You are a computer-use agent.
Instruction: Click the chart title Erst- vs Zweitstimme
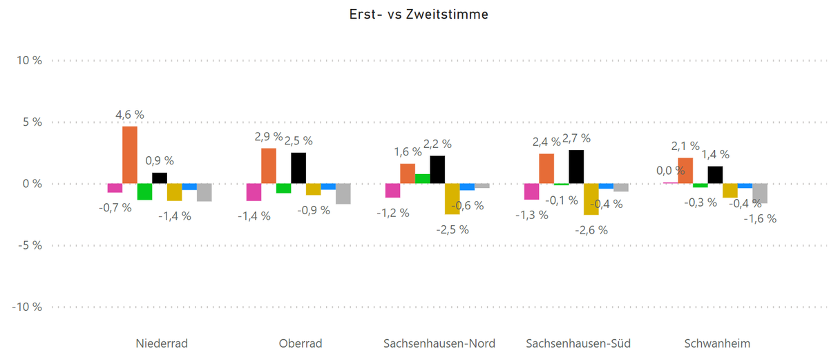click(x=414, y=15)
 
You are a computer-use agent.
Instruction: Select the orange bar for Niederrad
click(x=130, y=155)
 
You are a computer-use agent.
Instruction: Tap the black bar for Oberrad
click(x=298, y=168)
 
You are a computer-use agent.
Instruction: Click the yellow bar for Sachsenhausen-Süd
click(x=591, y=199)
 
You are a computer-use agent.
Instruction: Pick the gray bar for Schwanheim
click(x=760, y=193)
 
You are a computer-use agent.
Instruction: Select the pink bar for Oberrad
click(x=254, y=192)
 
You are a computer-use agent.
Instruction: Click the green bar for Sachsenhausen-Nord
click(x=422, y=179)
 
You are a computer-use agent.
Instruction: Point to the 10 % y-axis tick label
click(x=29, y=61)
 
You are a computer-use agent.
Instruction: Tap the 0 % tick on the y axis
click(x=32, y=184)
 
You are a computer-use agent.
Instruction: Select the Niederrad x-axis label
click(x=162, y=343)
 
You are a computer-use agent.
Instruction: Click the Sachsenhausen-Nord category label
click(x=439, y=343)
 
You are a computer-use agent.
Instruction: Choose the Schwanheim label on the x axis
click(x=717, y=343)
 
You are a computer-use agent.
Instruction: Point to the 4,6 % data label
click(x=130, y=115)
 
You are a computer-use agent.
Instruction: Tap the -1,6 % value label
click(x=760, y=218)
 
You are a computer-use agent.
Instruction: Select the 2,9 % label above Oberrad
click(x=269, y=137)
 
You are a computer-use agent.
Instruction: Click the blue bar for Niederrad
click(x=189, y=187)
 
